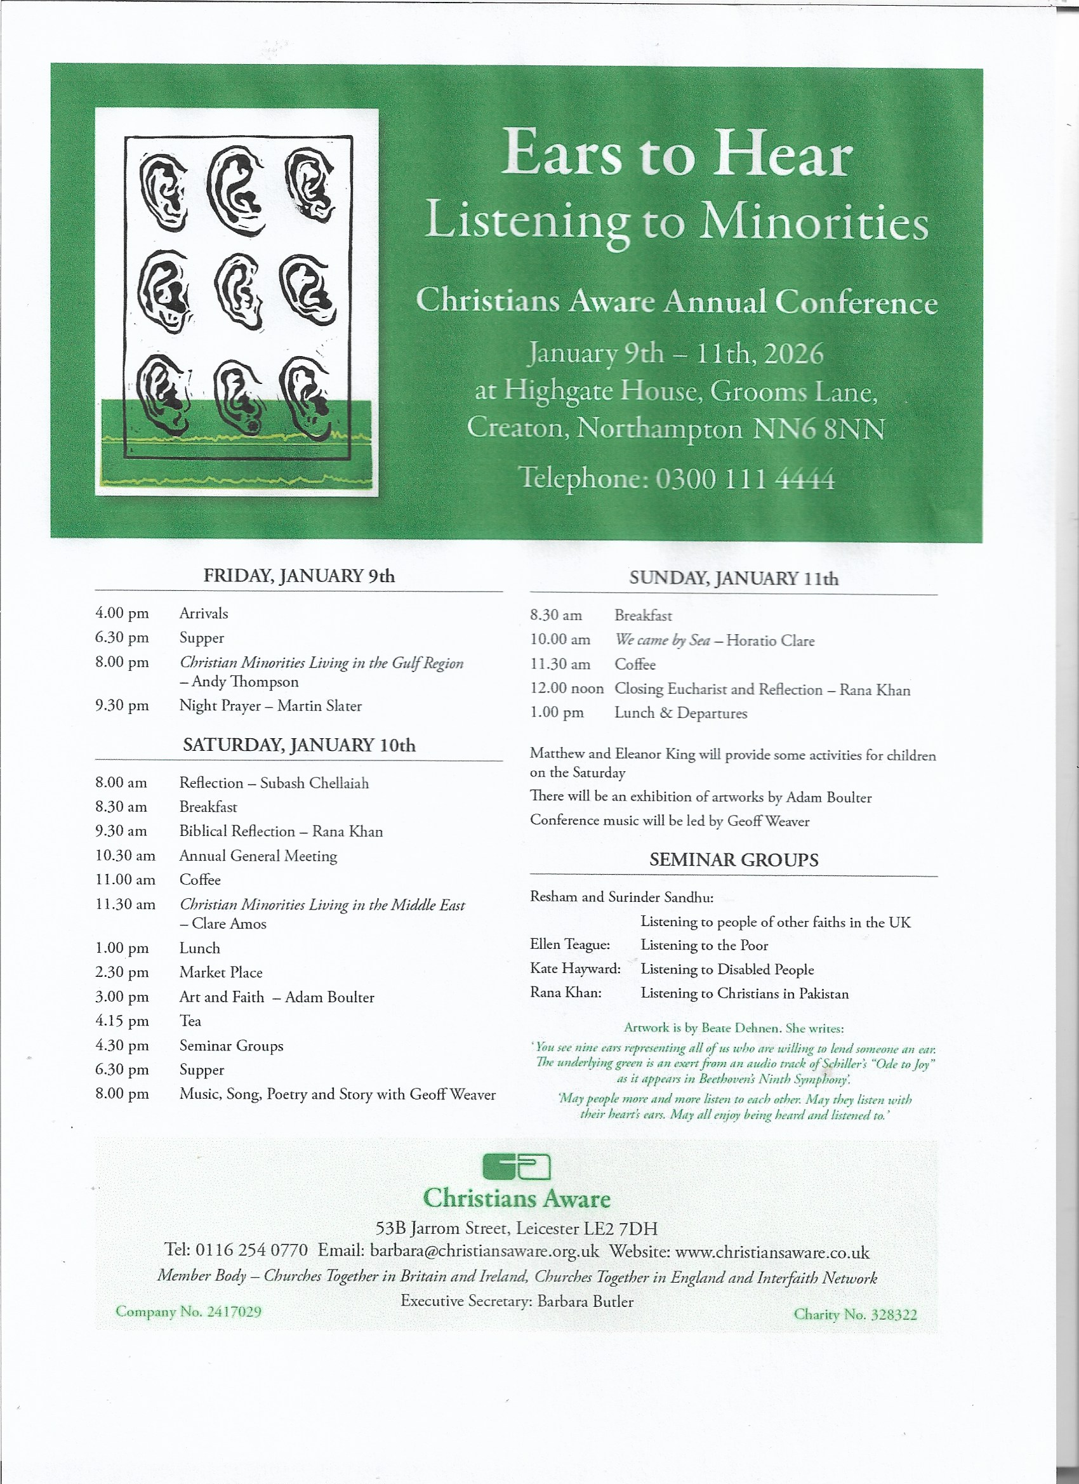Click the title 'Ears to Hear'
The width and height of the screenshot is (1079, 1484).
pos(677,152)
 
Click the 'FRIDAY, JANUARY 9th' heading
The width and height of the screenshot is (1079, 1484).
pos(299,576)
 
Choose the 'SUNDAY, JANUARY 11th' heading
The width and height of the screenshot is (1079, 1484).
pos(734,578)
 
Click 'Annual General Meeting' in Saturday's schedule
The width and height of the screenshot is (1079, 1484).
pos(258,856)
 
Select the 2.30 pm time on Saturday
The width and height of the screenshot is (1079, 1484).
pos(122,972)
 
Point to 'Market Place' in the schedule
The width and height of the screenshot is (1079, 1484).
pos(221,972)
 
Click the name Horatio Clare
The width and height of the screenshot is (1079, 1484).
pos(770,640)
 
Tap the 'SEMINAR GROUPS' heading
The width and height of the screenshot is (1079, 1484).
pos(734,860)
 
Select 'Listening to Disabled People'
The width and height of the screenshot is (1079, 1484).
pos(727,969)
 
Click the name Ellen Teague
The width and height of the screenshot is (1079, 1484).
pos(570,945)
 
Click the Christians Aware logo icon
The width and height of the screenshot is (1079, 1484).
pos(516,1167)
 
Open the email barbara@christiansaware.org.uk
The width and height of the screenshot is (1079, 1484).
pos(484,1251)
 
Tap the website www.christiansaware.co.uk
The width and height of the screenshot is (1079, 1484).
pos(772,1252)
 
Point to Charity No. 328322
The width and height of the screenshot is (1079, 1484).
pos(855,1315)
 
